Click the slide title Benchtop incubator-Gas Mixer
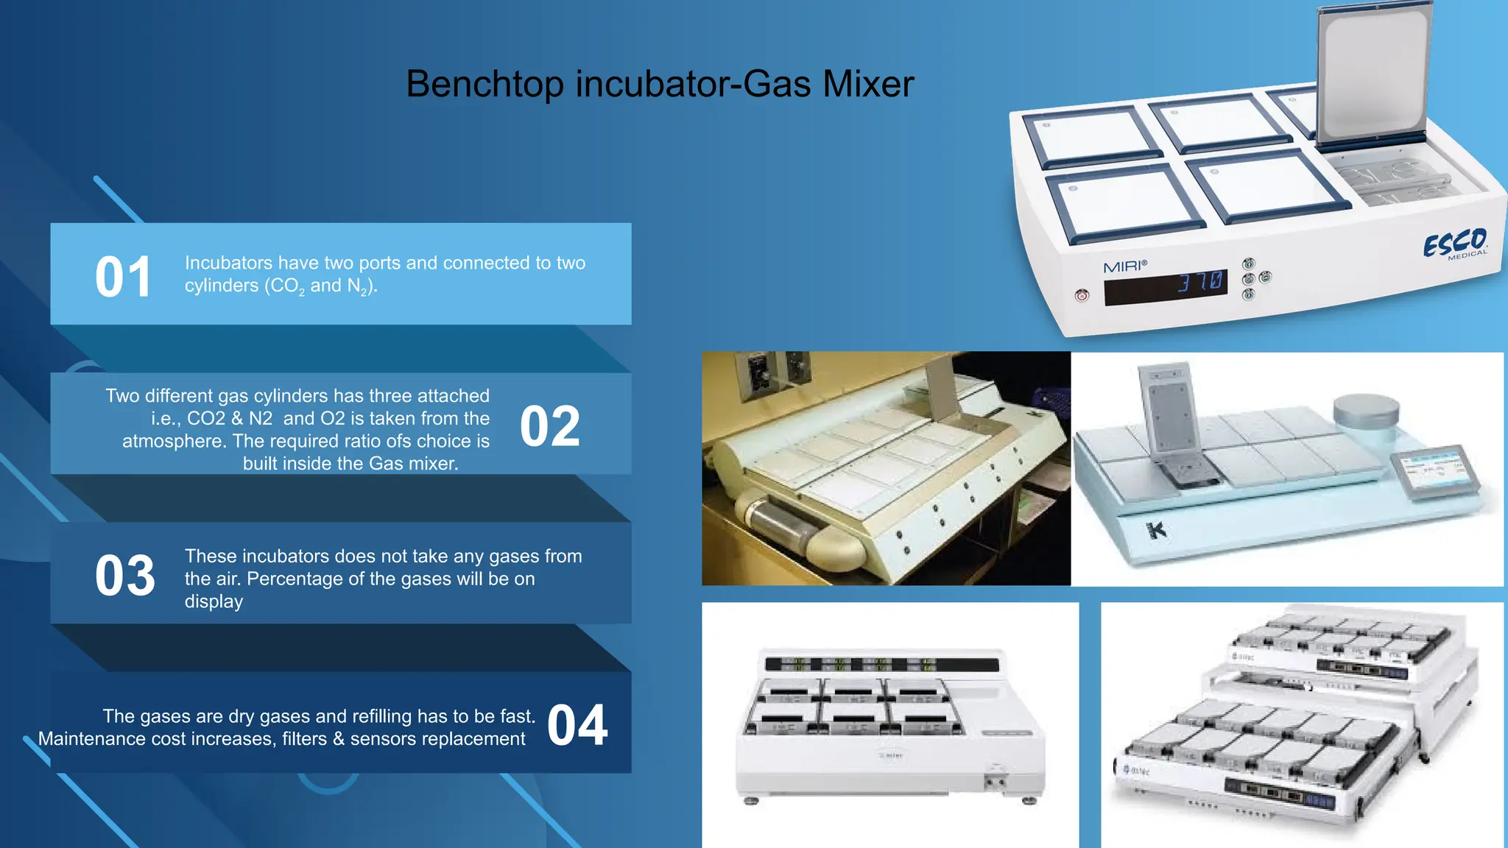[660, 84]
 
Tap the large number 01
[123, 278]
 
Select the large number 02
[550, 426]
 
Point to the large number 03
[124, 576]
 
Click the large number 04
[577, 726]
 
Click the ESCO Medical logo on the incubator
[1455, 244]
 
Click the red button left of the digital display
[1082, 296]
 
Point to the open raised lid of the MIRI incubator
[1374, 74]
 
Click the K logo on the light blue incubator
[1157, 529]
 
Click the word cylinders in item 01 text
[221, 286]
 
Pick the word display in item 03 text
[214, 601]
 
